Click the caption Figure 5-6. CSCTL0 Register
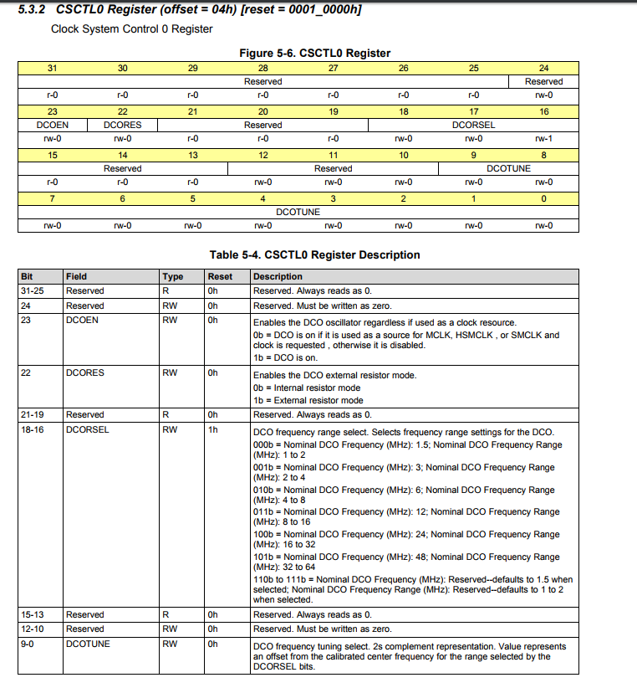pyautogui.click(x=315, y=53)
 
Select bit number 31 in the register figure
pyautogui.click(x=52, y=68)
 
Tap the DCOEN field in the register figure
pyautogui.click(x=52, y=125)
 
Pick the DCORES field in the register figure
pyautogui.click(x=122, y=125)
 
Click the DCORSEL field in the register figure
pyautogui.click(x=473, y=125)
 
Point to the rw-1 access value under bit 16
pyautogui.click(x=543, y=138)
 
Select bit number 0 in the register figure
pyautogui.click(x=543, y=198)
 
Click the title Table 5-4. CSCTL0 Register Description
pyautogui.click(x=314, y=254)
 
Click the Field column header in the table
pyautogui.click(x=76, y=276)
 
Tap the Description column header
pyautogui.click(x=278, y=276)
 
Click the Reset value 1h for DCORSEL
pyautogui.click(x=213, y=429)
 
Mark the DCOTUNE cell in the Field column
pyautogui.click(x=87, y=644)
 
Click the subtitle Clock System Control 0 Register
pyautogui.click(x=132, y=29)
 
